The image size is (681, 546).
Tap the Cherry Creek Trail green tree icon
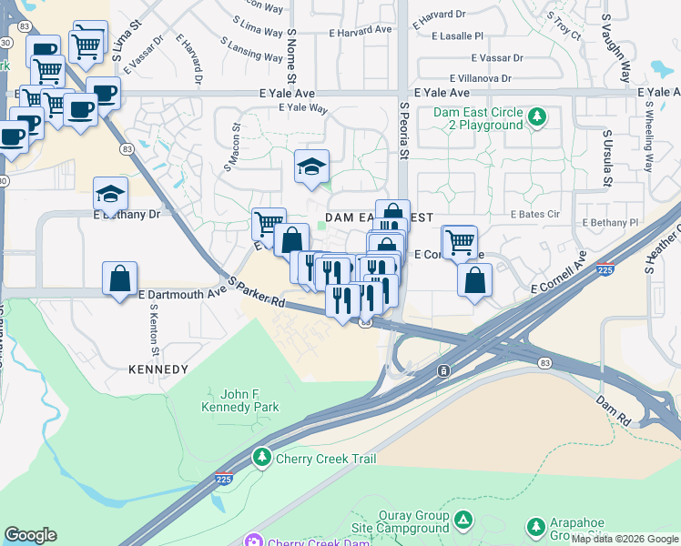tap(263, 457)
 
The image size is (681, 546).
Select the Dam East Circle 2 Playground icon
tap(538, 117)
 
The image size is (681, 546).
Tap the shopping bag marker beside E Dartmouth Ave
tap(120, 278)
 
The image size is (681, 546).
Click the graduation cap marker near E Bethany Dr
tap(110, 194)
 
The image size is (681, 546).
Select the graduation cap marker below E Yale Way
tap(311, 167)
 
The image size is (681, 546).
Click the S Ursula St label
tap(605, 157)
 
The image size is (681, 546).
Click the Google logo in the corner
tap(30, 535)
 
